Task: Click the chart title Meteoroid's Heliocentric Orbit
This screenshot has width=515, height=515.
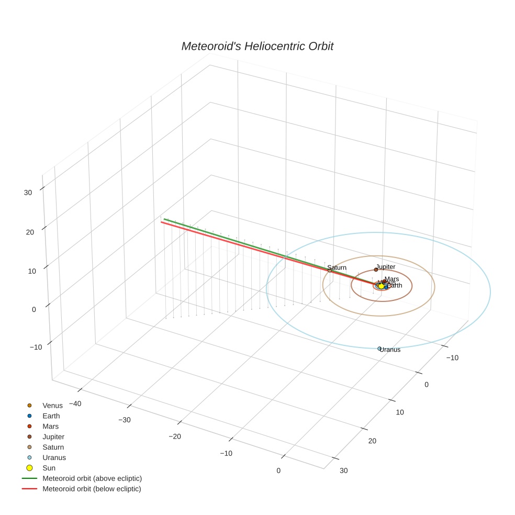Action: [x=257, y=47]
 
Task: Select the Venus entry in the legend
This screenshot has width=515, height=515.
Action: [x=52, y=406]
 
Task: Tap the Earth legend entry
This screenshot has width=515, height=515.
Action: [x=51, y=416]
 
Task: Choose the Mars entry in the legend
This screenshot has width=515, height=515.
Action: [x=51, y=427]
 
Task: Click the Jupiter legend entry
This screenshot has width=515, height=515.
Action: [x=53, y=436]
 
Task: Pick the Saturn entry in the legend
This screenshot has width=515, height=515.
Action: [x=53, y=447]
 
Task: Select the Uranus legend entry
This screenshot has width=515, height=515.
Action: [x=54, y=457]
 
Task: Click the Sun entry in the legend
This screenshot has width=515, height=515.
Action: [x=49, y=468]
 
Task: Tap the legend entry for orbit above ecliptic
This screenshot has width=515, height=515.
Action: [x=92, y=478]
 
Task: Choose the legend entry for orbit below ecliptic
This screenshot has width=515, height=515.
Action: [x=92, y=489]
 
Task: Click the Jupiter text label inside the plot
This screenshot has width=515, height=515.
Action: [x=386, y=267]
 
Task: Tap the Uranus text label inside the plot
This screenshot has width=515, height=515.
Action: [x=390, y=350]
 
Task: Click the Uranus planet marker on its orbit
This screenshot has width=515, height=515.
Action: [x=379, y=349]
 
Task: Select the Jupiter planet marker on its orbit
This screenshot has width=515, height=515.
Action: [x=376, y=270]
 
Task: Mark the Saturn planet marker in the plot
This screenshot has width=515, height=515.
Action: [x=330, y=271]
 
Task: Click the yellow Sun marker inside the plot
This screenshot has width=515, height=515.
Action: [x=381, y=286]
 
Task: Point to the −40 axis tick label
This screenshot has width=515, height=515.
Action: [x=73, y=404]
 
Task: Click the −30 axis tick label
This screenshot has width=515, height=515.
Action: [x=124, y=420]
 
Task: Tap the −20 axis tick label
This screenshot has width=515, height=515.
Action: [x=174, y=436]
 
